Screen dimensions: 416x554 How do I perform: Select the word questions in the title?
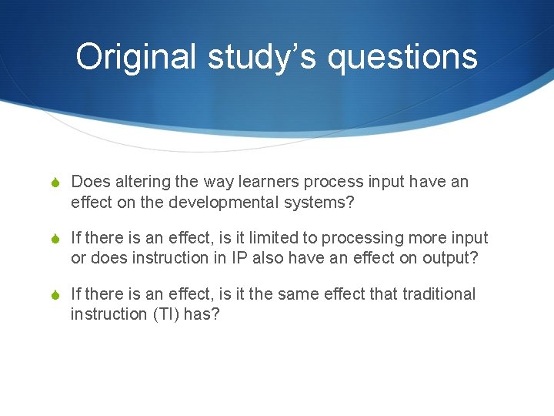click(402, 57)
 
